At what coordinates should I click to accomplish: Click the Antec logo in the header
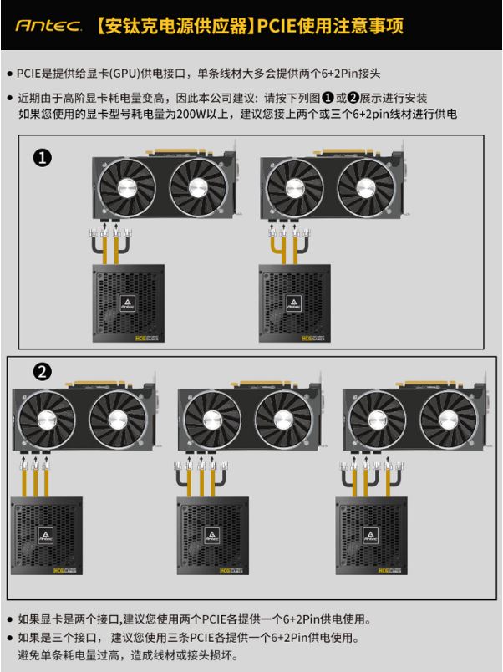(x=48, y=26)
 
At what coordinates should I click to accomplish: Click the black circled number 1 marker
(x=42, y=158)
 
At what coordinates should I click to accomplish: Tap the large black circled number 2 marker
(x=42, y=371)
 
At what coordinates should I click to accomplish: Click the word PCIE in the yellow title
(x=276, y=26)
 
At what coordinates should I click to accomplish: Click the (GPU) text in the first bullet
(x=124, y=74)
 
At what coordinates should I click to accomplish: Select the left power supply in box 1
(x=129, y=303)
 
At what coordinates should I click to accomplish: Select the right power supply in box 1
(x=294, y=303)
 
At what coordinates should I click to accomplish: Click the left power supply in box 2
(x=47, y=535)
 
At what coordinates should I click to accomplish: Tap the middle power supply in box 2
(x=213, y=535)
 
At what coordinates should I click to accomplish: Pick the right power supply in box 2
(x=372, y=535)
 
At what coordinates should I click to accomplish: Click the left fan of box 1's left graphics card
(x=127, y=187)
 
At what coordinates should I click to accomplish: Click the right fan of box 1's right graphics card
(x=366, y=187)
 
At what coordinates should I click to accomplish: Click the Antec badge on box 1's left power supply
(x=128, y=303)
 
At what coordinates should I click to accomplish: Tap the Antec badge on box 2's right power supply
(x=371, y=535)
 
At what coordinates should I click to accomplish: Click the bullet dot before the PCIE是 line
(x=9, y=74)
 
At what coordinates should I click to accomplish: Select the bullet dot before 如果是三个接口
(x=9, y=638)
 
